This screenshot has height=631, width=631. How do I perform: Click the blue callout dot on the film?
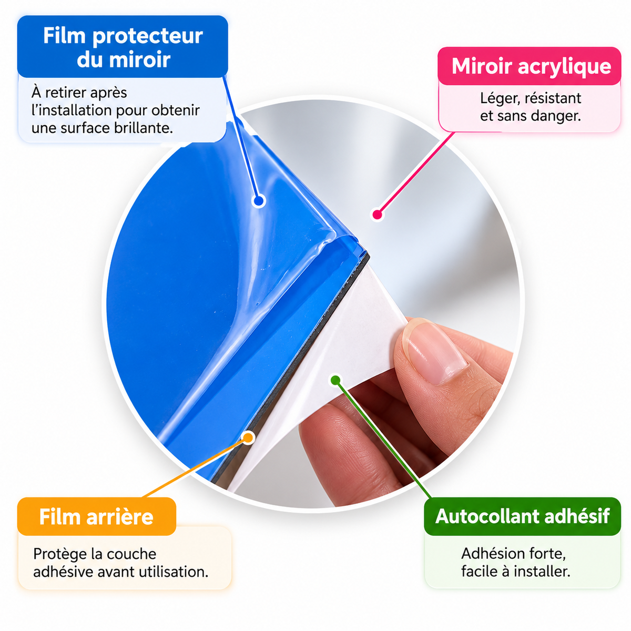(x=259, y=200)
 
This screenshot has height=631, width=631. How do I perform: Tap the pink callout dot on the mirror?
(x=377, y=215)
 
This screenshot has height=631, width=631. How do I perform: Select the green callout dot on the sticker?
(x=335, y=380)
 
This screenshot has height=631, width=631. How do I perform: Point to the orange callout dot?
(x=249, y=437)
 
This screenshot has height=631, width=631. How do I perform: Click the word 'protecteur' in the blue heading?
(x=148, y=36)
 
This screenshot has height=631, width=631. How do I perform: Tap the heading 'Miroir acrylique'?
(x=531, y=66)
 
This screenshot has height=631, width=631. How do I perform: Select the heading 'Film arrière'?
(x=96, y=517)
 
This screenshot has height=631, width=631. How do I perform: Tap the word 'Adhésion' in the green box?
(x=488, y=554)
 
